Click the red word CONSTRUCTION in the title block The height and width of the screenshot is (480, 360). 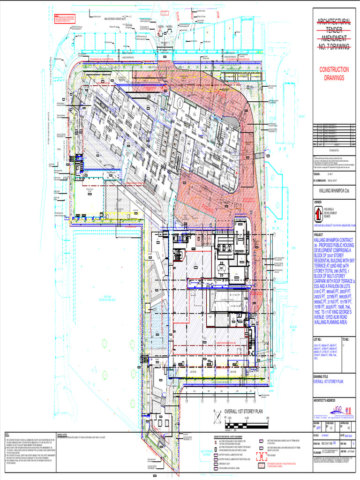coord(334,69)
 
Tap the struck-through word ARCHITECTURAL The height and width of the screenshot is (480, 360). coord(334,22)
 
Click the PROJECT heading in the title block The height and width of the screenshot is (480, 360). coord(319,235)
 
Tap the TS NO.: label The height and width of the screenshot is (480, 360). coord(347,338)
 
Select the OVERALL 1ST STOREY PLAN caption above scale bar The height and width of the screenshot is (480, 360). coord(246,411)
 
